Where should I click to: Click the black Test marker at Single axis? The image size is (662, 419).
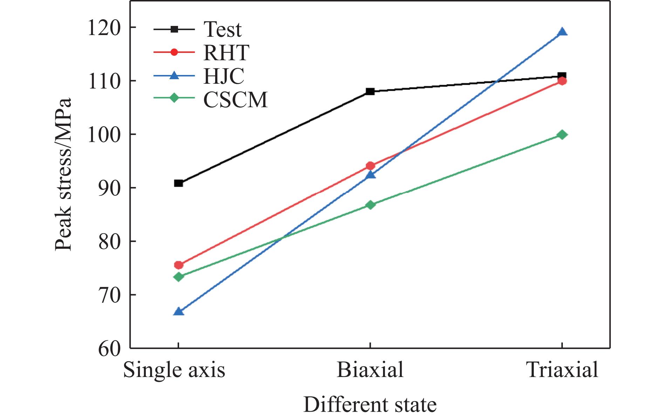pyautogui.click(x=178, y=183)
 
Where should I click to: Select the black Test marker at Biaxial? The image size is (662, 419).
pyautogui.click(x=370, y=91)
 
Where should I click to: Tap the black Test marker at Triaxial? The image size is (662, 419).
pyautogui.click(x=562, y=76)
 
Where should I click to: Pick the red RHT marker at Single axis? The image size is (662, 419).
pyautogui.click(x=178, y=265)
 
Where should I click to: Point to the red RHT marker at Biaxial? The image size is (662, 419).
pyautogui.click(x=370, y=166)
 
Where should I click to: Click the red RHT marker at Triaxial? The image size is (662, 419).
pyautogui.click(x=562, y=81)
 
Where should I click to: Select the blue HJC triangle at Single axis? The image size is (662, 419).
pyautogui.click(x=178, y=311)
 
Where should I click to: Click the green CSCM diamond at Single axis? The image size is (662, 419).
pyautogui.click(x=178, y=277)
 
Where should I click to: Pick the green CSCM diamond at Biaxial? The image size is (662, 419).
pyautogui.click(x=370, y=205)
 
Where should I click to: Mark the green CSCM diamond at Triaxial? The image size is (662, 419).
pyautogui.click(x=562, y=135)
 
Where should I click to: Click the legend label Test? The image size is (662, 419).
pyautogui.click(x=223, y=29)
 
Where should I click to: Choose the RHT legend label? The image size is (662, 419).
pyautogui.click(x=226, y=53)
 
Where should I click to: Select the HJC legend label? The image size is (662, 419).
pyautogui.click(x=224, y=76)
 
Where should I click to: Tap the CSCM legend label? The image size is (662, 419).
pyautogui.click(x=236, y=99)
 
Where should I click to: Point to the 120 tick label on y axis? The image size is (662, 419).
pyautogui.click(x=104, y=28)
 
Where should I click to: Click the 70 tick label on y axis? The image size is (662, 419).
pyautogui.click(x=109, y=295)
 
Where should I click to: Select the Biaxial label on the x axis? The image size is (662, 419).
pyautogui.click(x=370, y=370)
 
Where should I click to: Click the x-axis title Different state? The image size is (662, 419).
pyautogui.click(x=370, y=405)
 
